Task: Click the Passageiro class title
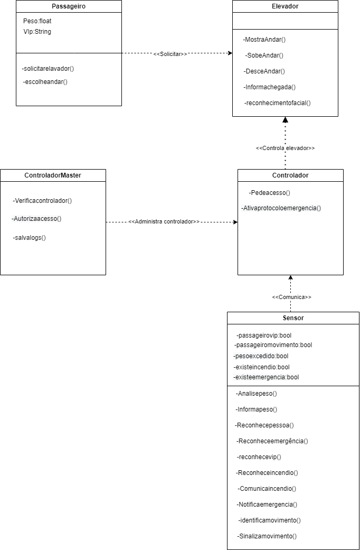click(69, 6)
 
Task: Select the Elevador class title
click(285, 6)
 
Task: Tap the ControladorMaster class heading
click(53, 175)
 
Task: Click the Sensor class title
click(293, 318)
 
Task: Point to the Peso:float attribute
click(37, 21)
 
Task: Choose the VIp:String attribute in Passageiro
click(37, 32)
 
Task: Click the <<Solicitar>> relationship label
click(170, 54)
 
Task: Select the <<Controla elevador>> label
click(285, 148)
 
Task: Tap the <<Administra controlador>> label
click(164, 222)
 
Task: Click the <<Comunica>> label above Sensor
click(291, 297)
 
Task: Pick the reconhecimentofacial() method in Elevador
click(277, 103)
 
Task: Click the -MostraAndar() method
click(264, 40)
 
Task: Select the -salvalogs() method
click(30, 238)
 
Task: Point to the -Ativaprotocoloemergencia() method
click(281, 208)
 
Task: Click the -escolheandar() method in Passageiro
click(45, 82)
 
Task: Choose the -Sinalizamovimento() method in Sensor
click(267, 536)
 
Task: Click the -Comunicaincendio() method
click(267, 489)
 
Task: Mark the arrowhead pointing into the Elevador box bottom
click(285, 120)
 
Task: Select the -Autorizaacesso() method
click(36, 219)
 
